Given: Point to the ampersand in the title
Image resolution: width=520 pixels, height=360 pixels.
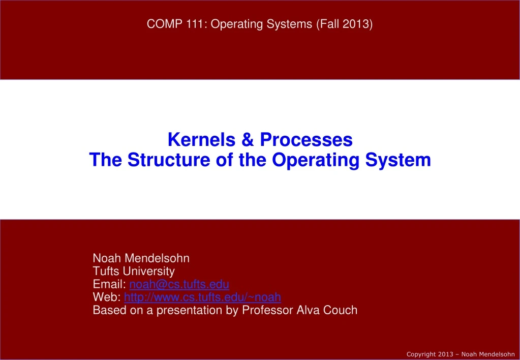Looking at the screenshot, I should click(x=247, y=139).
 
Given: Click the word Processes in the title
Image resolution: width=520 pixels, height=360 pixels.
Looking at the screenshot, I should click(x=306, y=139).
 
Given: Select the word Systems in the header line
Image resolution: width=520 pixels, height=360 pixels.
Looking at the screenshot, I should click(x=291, y=23).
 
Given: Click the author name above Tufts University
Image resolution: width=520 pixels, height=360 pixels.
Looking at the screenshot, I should click(x=141, y=258).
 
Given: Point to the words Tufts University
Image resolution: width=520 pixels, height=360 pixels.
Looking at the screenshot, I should click(x=134, y=271).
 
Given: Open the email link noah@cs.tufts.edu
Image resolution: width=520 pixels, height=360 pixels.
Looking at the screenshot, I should click(x=179, y=284).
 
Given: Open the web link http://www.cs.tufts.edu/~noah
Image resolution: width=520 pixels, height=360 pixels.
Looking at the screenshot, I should click(x=202, y=296).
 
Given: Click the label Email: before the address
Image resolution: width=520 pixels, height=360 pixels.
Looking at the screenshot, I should click(x=110, y=284).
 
